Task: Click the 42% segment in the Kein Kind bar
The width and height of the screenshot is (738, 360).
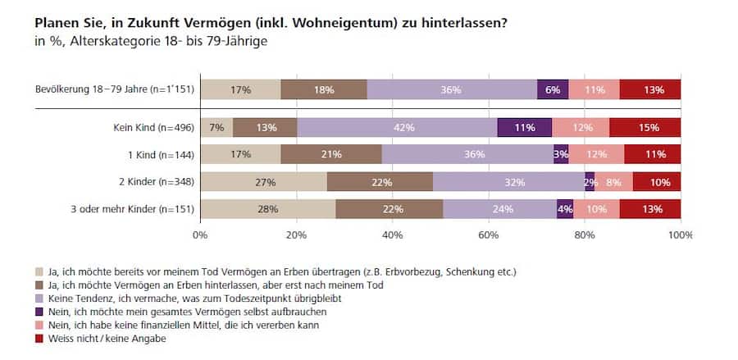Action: coord(397,128)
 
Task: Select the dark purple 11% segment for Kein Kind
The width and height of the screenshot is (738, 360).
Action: coord(525,128)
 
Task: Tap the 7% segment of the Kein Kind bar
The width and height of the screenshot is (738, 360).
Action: coord(216,128)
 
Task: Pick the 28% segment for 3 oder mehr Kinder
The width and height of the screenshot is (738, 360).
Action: coord(267,209)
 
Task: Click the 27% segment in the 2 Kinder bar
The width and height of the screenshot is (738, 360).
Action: coord(264,182)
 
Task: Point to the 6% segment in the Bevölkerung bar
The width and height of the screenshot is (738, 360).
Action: coord(553,90)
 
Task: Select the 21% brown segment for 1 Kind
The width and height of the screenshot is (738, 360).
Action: coord(331,155)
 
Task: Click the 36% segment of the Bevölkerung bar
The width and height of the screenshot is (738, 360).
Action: coord(451,90)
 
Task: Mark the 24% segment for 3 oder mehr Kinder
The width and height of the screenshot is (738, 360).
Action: coord(499,209)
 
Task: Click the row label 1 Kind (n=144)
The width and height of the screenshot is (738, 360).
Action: coord(153,155)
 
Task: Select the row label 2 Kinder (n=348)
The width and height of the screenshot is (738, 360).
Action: coord(149,182)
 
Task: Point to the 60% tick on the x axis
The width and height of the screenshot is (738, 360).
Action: coord(489,235)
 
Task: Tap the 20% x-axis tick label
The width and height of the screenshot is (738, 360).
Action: coord(297,235)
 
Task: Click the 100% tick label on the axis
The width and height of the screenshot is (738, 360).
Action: coord(680,235)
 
